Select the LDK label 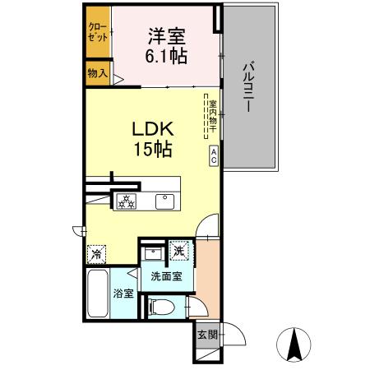pos(152,131)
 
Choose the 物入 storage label pos(98,74)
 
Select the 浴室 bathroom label pos(124,293)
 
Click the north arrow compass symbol pos(294,343)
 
